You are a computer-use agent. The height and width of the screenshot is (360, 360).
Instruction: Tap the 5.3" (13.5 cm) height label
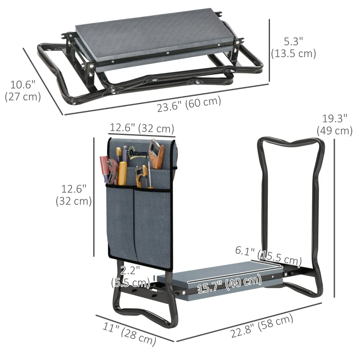click(293, 47)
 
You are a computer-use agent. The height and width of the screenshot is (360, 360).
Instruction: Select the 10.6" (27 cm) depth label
click(22, 90)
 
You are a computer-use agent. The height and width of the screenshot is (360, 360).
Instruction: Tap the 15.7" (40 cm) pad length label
click(224, 284)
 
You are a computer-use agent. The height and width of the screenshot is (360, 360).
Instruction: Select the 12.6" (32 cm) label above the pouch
click(142, 128)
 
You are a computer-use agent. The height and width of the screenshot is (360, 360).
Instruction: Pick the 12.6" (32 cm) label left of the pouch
click(74, 194)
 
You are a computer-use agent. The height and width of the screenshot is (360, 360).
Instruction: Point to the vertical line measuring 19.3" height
click(335, 216)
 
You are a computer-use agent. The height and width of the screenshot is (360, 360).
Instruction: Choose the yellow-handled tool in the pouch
click(122, 173)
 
